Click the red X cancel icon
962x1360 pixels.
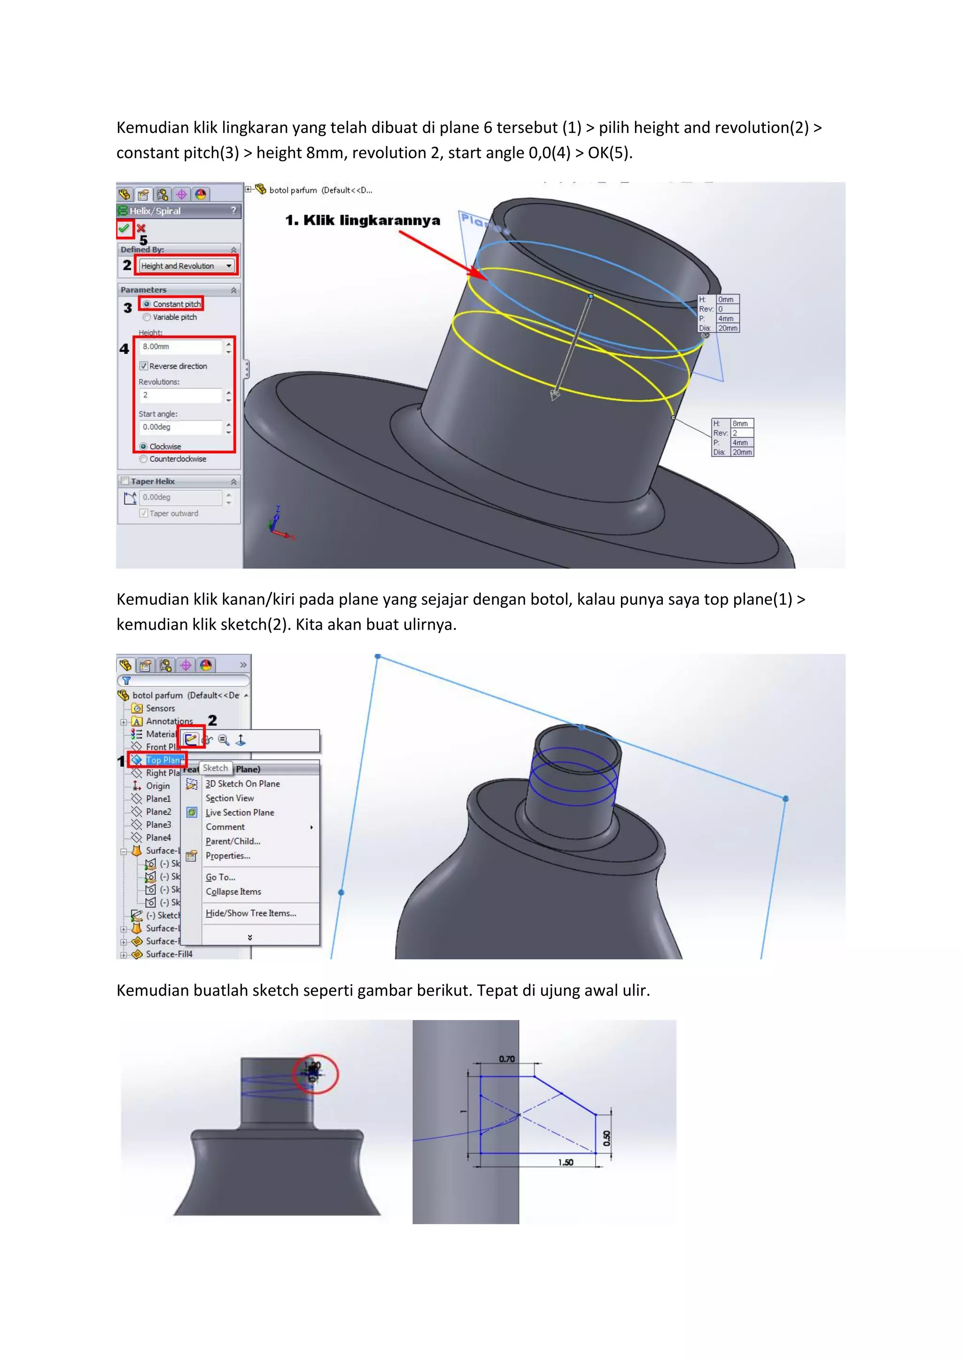pyautogui.click(x=141, y=228)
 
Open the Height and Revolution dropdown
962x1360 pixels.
pyautogui.click(x=229, y=266)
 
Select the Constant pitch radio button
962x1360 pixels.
pyautogui.click(x=147, y=304)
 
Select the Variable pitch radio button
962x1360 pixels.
pyautogui.click(x=147, y=317)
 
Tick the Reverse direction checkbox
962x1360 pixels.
pyautogui.click(x=143, y=366)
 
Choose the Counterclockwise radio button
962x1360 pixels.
pyautogui.click(x=143, y=459)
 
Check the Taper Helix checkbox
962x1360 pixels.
pyautogui.click(x=125, y=481)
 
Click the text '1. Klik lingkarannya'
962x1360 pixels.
pyautogui.click(x=363, y=220)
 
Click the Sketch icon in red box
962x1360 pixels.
pyautogui.click(x=191, y=739)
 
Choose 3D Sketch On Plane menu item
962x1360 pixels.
pyautogui.click(x=242, y=784)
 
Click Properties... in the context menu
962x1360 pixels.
pyautogui.click(x=227, y=856)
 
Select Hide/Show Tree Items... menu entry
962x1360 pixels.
pyautogui.click(x=250, y=913)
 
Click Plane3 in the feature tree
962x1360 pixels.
pyautogui.click(x=158, y=825)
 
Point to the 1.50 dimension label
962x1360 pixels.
pyautogui.click(x=565, y=1162)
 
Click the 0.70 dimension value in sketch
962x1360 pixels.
pyautogui.click(x=506, y=1059)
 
